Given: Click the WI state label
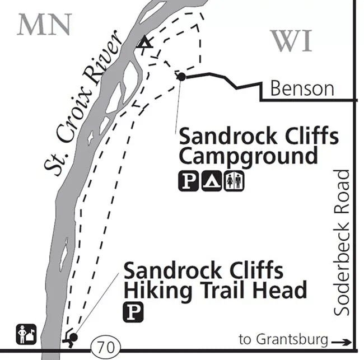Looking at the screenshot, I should [291, 41].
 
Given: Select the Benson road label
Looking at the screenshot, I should [302, 88].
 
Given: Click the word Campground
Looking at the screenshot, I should [248, 156].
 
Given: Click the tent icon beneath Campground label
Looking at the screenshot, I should [210, 180].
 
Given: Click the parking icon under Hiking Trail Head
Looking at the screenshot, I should [133, 310].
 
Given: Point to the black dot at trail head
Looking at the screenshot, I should [73, 338].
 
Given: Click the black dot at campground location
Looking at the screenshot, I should [181, 77].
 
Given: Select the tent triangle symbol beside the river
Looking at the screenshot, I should [144, 41].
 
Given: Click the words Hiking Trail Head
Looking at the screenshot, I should [216, 290].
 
